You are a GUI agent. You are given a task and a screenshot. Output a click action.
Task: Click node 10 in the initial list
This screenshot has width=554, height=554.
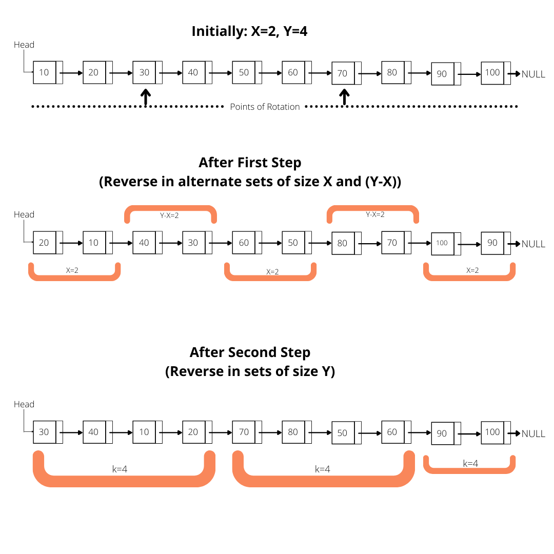(45, 72)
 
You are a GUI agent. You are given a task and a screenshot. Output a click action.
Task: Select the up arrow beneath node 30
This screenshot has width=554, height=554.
(146, 97)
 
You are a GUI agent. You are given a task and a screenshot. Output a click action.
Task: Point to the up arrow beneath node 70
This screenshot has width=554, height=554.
(345, 97)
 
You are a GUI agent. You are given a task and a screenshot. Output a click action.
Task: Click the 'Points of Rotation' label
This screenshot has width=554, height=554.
(265, 107)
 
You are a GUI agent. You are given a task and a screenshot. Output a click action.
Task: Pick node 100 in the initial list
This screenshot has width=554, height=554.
(492, 72)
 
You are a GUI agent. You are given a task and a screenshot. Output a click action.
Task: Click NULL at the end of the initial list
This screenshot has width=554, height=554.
(533, 74)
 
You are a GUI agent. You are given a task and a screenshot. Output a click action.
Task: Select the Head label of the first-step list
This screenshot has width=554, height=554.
(24, 214)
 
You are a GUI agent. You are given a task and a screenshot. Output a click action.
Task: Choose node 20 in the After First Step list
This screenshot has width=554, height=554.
(45, 243)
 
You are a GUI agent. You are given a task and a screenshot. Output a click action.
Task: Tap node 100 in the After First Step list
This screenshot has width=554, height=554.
(442, 243)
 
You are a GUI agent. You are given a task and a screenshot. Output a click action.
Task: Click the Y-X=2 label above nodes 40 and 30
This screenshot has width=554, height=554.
(169, 215)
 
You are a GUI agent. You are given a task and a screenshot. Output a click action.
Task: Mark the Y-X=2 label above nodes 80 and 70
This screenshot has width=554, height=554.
(375, 214)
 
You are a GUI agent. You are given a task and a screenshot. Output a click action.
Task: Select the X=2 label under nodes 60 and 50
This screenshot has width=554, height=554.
(272, 272)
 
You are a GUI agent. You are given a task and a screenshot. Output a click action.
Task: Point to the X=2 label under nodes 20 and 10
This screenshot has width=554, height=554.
(72, 270)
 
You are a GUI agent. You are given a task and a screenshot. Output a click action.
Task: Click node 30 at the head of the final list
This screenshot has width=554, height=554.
(45, 432)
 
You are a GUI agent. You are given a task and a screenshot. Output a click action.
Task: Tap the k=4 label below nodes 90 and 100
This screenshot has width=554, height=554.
(471, 463)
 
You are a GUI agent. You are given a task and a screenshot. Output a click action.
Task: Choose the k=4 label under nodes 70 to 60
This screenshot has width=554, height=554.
(322, 469)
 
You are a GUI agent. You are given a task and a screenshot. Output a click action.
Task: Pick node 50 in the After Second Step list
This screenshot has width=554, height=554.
(343, 433)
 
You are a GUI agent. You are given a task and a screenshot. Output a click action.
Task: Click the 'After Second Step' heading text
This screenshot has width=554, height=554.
(250, 353)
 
